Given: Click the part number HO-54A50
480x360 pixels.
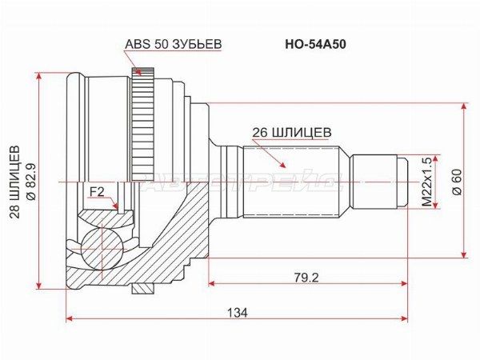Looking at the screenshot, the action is coord(316,45).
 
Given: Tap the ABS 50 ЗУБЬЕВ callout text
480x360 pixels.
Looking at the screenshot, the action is coord(174,44).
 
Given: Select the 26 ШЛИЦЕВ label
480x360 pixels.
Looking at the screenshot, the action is coord(292,133).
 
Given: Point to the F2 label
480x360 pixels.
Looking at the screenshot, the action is coord(98,192).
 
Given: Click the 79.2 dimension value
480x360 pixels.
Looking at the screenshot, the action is coord(306,278).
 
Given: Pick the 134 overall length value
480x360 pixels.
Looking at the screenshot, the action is coord(238,313).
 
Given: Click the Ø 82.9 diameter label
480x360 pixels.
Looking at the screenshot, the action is coord(31,182).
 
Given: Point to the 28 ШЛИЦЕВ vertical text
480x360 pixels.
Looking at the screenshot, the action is coord(14,182).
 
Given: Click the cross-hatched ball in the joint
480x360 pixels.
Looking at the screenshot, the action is coord(101,249).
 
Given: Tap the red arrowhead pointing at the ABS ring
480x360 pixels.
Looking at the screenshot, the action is coord(138,73).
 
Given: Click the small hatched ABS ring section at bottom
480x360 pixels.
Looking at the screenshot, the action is coord(142,288).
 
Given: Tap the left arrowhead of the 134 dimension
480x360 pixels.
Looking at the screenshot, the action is coord(70,318).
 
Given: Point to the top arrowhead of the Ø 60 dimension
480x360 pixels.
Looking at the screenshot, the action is coord(465,107).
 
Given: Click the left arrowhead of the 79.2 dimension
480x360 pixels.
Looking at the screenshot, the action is coord(212,283).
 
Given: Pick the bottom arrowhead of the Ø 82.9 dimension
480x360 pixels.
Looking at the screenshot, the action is coord(38,285).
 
